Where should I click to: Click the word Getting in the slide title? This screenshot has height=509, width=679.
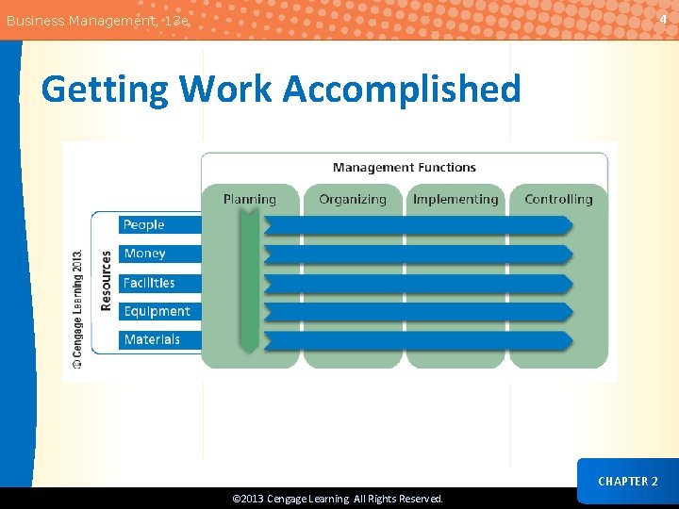(x=104, y=90)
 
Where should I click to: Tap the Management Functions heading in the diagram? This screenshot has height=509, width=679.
(x=404, y=168)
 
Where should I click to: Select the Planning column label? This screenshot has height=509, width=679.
(x=250, y=199)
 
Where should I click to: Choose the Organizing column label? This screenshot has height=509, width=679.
(x=353, y=199)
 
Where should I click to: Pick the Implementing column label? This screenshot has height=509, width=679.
(x=455, y=199)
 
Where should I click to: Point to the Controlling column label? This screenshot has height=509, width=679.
(x=558, y=199)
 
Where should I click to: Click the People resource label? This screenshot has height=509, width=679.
(x=144, y=224)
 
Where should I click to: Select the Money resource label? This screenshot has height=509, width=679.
(x=145, y=254)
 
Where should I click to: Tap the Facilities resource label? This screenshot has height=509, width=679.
(x=149, y=283)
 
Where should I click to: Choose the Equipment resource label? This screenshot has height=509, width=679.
(x=157, y=311)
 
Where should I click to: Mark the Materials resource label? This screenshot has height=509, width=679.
(x=152, y=339)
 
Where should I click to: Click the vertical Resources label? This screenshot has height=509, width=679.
(x=106, y=280)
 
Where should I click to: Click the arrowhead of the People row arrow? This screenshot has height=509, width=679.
(x=568, y=225)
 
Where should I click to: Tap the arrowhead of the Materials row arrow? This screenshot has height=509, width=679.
(x=568, y=339)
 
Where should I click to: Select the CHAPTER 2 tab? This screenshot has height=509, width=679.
(x=627, y=481)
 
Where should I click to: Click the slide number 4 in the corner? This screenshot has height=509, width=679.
(x=662, y=19)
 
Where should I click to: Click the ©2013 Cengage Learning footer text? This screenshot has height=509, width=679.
(x=338, y=499)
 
